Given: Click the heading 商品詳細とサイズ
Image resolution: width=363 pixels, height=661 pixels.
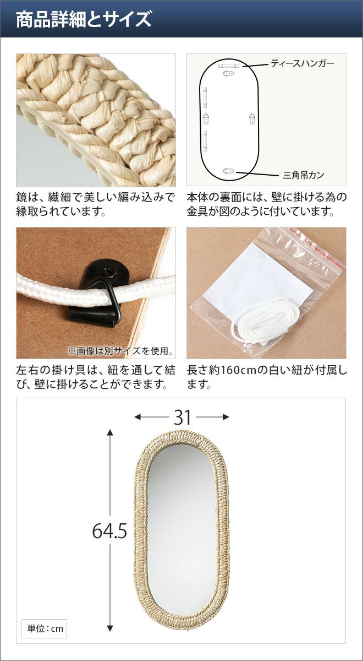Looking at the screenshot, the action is point(84,19).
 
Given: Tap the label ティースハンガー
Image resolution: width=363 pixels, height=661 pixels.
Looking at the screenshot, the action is point(302,63).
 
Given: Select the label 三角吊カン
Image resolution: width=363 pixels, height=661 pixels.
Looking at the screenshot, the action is point(304,175).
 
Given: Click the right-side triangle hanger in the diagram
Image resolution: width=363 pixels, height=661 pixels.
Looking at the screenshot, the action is point(252,118).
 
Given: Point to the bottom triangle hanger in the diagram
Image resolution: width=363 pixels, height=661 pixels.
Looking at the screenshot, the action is point(228,171).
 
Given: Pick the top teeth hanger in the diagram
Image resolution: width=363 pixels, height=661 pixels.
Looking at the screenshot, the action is point(228,66).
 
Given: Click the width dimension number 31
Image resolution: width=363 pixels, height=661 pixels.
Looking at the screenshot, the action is point(183,418).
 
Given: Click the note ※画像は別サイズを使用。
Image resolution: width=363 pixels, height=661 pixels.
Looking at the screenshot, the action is point(120,351).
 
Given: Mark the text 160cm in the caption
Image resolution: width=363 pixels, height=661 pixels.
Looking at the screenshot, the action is point(239,370).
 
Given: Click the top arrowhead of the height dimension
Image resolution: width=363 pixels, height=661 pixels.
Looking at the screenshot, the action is point(110,432).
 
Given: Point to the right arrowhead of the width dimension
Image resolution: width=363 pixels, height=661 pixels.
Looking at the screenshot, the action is point(226,417).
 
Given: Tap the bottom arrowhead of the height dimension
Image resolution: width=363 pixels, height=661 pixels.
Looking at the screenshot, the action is point(110,629).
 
